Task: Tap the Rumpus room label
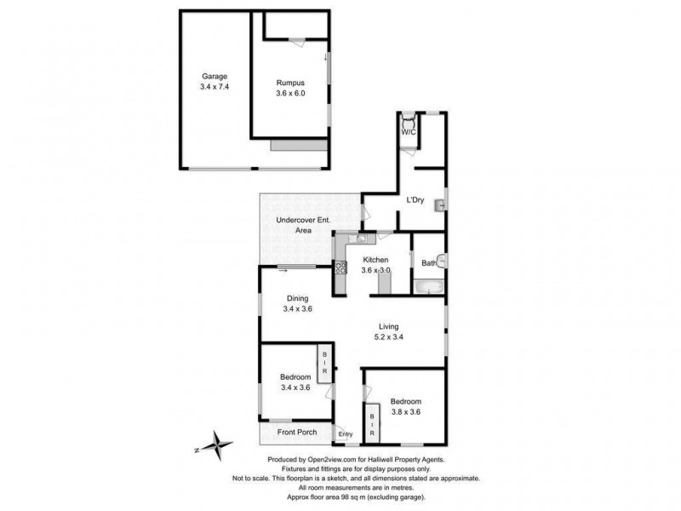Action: click(x=289, y=83)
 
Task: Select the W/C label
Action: click(x=409, y=132)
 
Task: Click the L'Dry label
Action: click(x=415, y=200)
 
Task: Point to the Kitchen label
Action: click(x=375, y=260)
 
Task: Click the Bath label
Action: click(x=429, y=263)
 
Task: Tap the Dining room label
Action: click(x=297, y=298)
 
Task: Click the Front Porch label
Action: click(x=297, y=433)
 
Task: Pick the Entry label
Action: click(x=345, y=434)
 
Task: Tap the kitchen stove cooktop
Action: click(x=340, y=268)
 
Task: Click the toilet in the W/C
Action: click(x=409, y=120)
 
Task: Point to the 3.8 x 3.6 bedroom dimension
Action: click(x=405, y=412)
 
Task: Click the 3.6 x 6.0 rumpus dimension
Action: click(x=289, y=94)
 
